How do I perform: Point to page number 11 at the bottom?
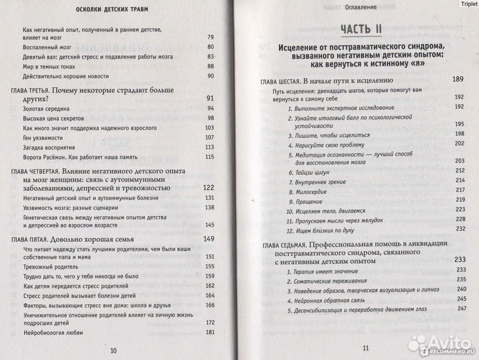tap(365, 348)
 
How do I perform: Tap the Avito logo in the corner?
tap(439, 341)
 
